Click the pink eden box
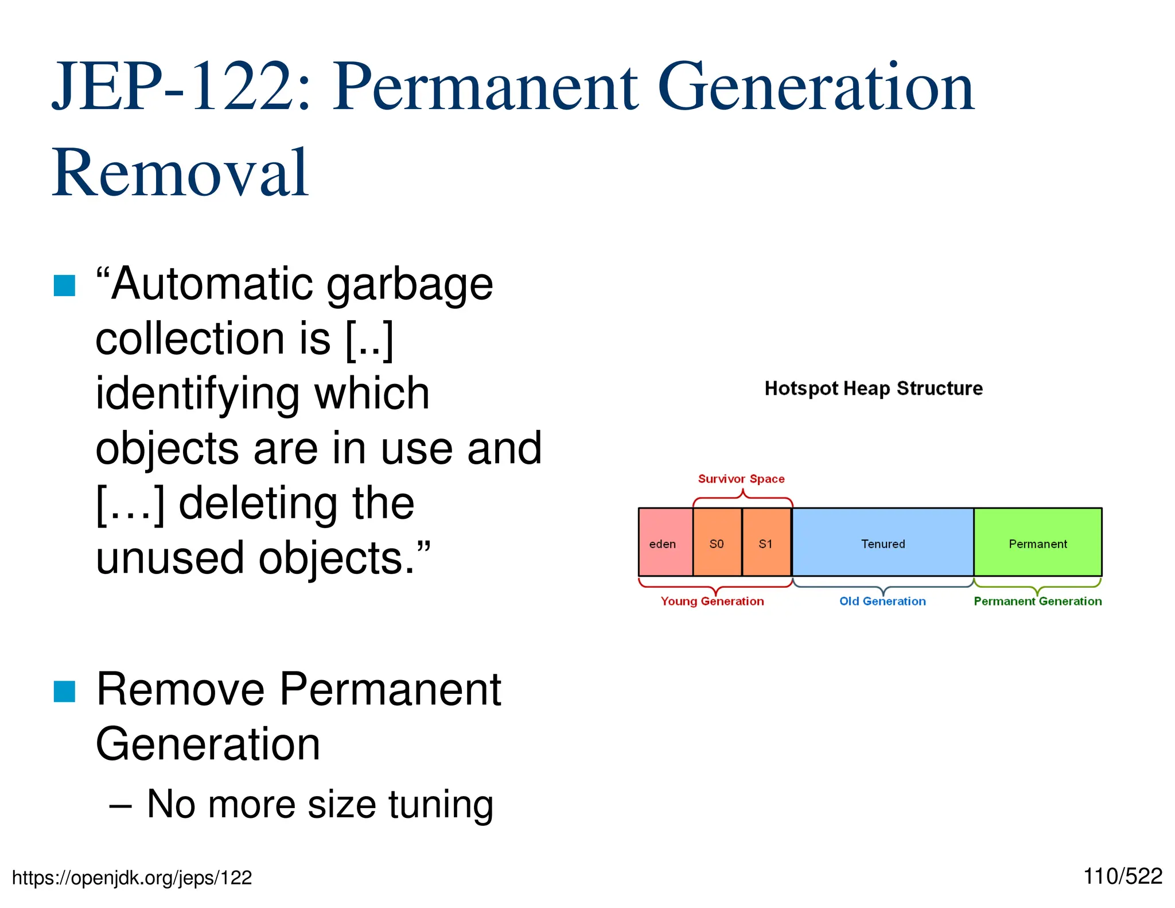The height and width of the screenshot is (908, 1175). point(665,542)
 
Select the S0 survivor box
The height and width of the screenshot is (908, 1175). point(717,542)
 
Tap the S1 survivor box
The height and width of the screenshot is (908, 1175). point(766,542)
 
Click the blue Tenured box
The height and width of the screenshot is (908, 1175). point(882,542)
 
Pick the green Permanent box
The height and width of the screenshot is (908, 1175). point(1037,542)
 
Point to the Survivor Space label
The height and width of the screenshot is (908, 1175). point(741,479)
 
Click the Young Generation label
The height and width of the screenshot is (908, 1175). point(712,601)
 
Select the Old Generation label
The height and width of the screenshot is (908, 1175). point(882,601)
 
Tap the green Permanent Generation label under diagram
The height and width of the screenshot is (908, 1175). point(1037,601)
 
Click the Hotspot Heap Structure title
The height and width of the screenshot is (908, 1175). point(873,389)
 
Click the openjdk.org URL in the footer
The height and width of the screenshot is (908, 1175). point(132,878)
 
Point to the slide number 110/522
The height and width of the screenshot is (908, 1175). point(1122,876)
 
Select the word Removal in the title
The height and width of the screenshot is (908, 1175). point(181,172)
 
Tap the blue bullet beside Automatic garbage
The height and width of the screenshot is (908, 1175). point(64,286)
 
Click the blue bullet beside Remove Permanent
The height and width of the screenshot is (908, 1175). point(64,691)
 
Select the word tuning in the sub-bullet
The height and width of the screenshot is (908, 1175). point(441,805)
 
